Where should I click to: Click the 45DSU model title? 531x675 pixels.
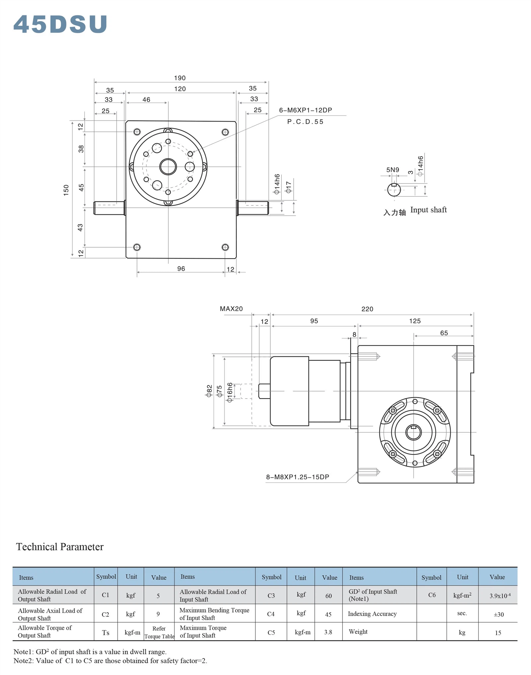60,24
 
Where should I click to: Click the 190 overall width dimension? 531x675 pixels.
180,78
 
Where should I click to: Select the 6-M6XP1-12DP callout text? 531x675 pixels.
305,110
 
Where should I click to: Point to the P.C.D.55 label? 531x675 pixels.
305,122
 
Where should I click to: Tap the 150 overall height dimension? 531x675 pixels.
66,190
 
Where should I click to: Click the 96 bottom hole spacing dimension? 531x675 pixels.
181,269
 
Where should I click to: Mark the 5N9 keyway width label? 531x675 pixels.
392,170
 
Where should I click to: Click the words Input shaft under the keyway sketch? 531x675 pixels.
428,210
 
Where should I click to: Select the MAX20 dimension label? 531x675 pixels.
231,309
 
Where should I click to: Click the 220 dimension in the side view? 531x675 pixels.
367,309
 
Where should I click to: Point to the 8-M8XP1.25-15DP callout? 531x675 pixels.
297,477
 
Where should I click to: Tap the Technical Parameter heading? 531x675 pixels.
60,547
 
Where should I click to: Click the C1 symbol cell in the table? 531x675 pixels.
106,595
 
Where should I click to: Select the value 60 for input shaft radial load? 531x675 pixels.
328,596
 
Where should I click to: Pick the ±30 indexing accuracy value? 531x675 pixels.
498,614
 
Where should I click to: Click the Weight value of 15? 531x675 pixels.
498,633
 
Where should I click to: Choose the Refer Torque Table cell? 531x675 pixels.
159,632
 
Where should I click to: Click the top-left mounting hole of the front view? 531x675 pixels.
137,132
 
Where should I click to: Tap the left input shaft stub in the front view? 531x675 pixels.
109,208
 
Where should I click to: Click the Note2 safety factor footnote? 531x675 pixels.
110,660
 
